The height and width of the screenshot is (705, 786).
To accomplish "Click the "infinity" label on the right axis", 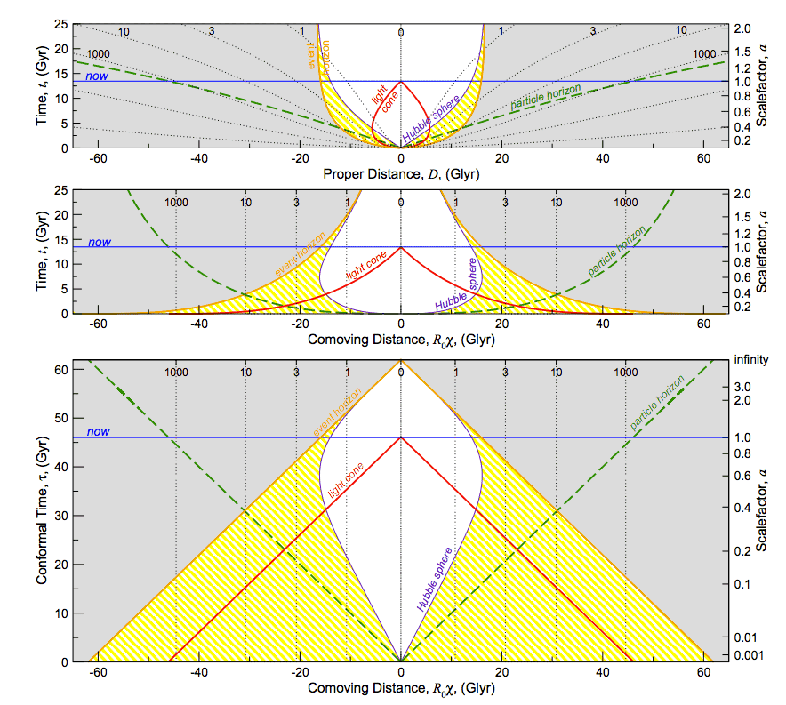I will click(751, 361).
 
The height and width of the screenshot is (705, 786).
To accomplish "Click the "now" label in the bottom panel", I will click(99, 432).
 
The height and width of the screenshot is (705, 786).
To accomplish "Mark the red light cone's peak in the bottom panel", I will click(401, 437).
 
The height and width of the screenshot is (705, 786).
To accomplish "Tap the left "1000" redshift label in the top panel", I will click(98, 54).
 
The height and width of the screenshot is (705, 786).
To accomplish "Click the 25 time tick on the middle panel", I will click(63, 191).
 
